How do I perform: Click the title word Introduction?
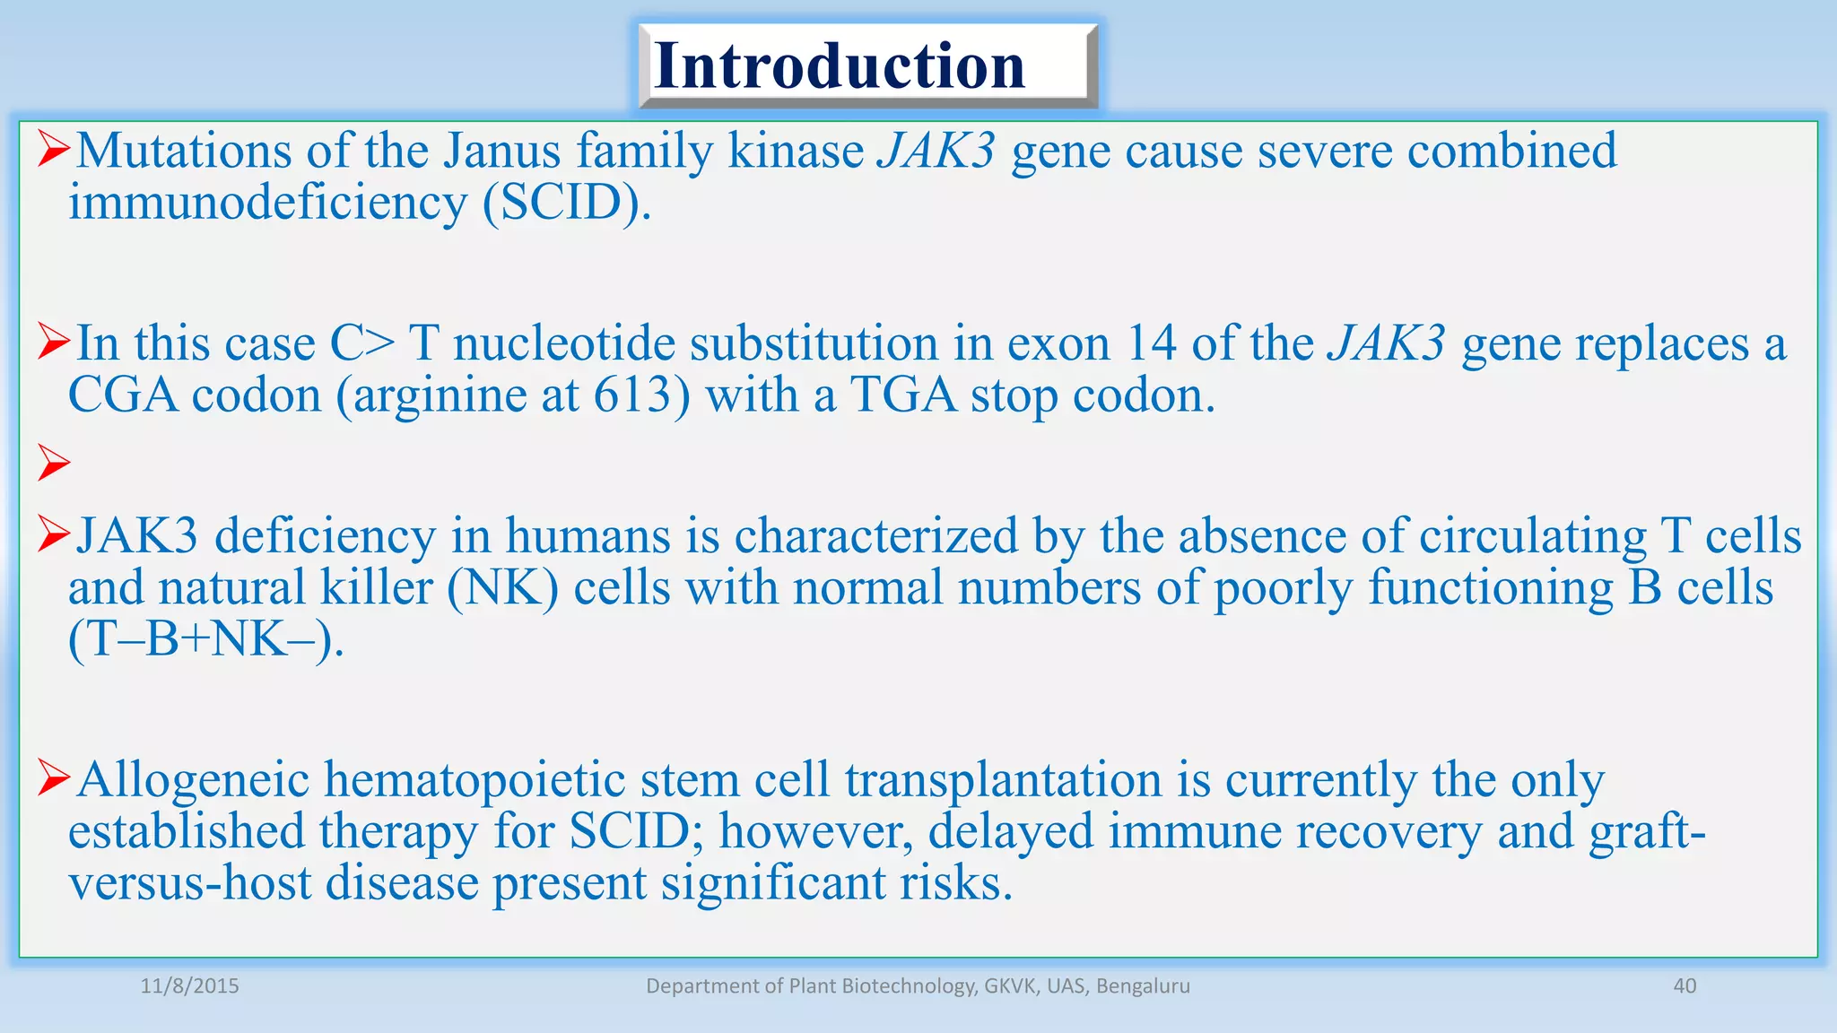840,65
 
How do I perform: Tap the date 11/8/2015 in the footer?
190,986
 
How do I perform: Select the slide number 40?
1685,986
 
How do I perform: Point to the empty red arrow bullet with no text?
54,464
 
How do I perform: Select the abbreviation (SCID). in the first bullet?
566,203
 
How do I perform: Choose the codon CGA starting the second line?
123,395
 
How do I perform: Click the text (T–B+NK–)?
205,639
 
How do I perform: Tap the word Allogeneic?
193,779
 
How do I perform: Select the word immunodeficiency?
267,203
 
